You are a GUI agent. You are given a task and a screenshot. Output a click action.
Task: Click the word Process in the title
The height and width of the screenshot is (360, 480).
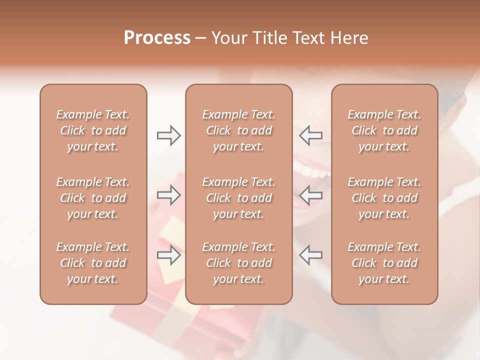click(157, 38)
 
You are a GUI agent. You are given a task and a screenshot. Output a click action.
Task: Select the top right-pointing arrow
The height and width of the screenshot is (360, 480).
click(168, 135)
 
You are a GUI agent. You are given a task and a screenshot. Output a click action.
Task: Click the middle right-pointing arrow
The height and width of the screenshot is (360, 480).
click(168, 195)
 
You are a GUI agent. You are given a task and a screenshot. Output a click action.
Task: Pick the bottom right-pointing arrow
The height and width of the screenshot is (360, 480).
click(168, 255)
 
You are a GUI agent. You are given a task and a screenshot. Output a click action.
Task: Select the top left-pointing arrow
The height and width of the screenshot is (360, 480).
click(311, 135)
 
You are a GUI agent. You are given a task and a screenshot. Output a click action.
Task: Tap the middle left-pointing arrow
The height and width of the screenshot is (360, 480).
click(311, 195)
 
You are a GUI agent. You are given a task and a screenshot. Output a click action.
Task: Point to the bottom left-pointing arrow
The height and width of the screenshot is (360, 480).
click(311, 255)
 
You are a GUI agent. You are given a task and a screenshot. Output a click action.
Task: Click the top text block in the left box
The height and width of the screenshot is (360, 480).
click(93, 130)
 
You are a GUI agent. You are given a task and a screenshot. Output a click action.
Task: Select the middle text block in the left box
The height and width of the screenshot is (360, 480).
click(93, 198)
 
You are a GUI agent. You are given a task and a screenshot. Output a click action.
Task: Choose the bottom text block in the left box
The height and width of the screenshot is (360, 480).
click(93, 263)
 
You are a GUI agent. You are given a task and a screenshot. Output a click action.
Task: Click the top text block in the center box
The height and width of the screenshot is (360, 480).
click(238, 130)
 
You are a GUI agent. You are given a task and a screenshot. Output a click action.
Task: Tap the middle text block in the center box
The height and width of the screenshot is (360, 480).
click(238, 198)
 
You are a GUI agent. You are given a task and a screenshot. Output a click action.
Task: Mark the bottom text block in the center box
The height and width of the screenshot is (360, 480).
click(238, 263)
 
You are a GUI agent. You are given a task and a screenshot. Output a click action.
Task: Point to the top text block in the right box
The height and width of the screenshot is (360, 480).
click(384, 130)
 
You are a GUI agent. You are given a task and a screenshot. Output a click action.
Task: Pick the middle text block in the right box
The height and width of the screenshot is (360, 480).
click(384, 198)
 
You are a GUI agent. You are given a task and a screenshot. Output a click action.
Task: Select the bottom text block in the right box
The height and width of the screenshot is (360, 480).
click(384, 263)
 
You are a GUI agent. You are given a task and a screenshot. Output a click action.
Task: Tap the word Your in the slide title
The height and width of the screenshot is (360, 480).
click(227, 38)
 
